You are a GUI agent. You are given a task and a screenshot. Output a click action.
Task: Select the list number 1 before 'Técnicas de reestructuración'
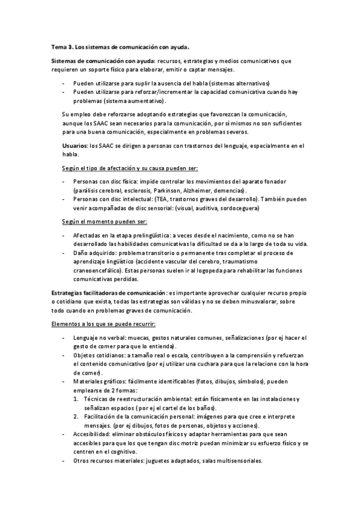point(76,399)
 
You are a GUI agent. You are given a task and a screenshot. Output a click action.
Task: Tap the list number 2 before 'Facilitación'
point(76,417)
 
